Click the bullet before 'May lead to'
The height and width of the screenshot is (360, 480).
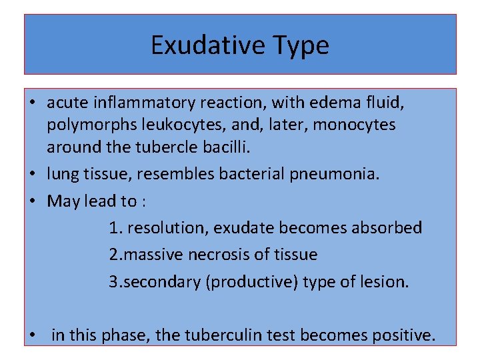pyautogui.click(x=33, y=201)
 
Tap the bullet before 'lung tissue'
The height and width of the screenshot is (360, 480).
pyautogui.click(x=33, y=175)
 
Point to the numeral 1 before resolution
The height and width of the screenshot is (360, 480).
pyautogui.click(x=114, y=228)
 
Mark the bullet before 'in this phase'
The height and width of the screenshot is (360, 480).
pyautogui.click(x=33, y=335)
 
